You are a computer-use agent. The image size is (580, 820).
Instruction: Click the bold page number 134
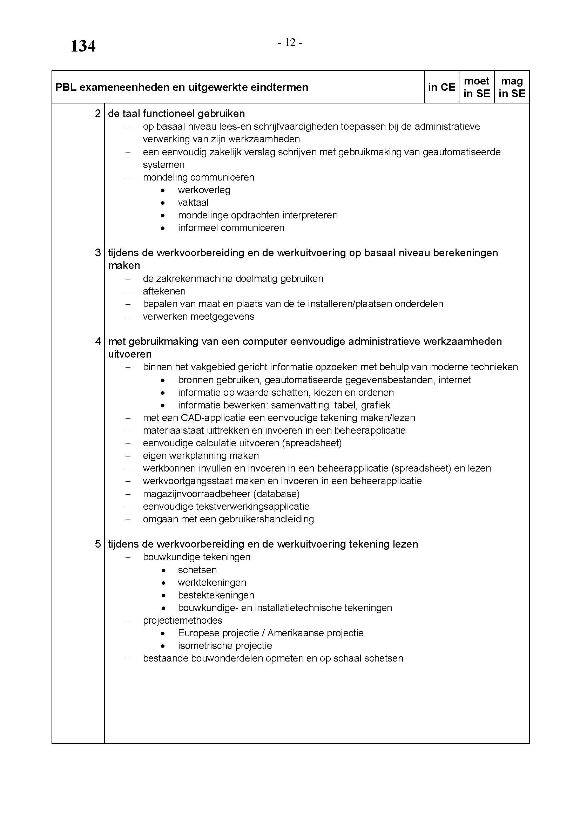coord(83,46)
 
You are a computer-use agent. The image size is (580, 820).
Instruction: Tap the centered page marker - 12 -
coord(290,43)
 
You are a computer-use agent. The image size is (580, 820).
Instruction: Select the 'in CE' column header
coord(441,87)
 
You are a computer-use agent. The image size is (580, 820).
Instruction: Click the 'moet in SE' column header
coord(477,87)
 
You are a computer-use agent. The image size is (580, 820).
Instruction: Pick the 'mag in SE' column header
coord(512,87)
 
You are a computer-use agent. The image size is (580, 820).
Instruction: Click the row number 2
coord(98,114)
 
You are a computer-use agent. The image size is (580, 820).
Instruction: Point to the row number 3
coord(98,253)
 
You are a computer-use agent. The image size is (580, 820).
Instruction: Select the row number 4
coord(98,341)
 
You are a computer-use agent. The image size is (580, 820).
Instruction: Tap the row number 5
coord(98,544)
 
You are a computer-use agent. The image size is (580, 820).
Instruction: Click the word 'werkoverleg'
coord(204,190)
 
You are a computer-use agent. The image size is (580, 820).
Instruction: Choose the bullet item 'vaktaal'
coord(193,203)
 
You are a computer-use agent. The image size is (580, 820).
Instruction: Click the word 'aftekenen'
coord(164,291)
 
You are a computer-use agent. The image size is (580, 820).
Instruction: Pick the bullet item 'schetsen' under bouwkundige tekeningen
coord(197,570)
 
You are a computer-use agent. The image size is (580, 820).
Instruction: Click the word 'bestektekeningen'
coord(216,595)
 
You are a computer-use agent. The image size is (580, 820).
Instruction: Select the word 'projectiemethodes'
coord(182,621)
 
